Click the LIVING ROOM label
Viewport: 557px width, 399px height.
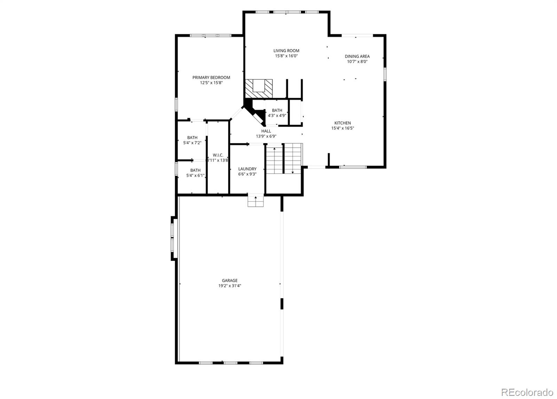(286, 50)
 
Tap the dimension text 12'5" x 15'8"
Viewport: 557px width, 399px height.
(211, 83)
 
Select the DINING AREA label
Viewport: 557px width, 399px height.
(357, 56)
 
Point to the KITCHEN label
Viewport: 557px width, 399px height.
(343, 123)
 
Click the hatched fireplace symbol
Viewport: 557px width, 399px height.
(259, 89)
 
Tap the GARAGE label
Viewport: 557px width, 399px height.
(230, 280)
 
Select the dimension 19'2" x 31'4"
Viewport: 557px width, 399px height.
(230, 286)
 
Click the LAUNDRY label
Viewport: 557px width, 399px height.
(247, 169)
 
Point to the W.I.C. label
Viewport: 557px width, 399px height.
(218, 155)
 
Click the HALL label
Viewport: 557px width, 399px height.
(266, 131)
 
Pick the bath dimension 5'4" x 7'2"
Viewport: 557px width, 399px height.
(192, 143)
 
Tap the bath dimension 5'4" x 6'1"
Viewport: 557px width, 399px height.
(195, 176)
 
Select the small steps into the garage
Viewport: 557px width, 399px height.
(256, 201)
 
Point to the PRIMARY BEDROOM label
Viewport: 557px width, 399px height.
(211, 77)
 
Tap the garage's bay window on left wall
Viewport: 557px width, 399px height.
(174, 238)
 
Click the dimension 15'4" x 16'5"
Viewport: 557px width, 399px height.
(343, 128)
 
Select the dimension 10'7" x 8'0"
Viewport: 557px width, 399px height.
(357, 62)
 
